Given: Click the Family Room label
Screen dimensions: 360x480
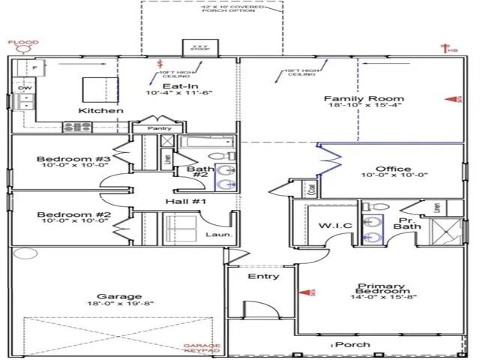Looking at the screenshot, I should [353, 99].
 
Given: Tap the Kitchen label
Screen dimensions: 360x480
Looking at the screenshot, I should [101, 111].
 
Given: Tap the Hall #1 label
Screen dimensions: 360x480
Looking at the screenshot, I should [180, 202].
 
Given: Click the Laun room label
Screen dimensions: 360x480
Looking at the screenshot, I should [217, 235].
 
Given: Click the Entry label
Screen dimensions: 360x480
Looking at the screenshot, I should [263, 276].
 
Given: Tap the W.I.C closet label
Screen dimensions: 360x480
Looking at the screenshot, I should [331, 225].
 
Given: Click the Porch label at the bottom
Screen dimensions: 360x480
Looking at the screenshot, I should [352, 344].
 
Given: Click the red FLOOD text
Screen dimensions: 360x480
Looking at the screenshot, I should [23, 43].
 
